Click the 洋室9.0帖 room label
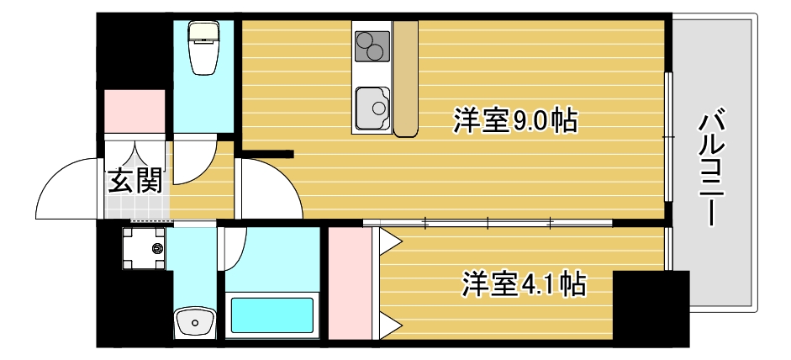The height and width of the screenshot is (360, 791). pyautogui.click(x=514, y=121)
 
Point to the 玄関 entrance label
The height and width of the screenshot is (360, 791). pyautogui.click(x=134, y=180)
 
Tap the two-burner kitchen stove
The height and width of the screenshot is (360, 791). pyautogui.click(x=372, y=47)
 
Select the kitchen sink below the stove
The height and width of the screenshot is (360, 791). pyautogui.click(x=372, y=108)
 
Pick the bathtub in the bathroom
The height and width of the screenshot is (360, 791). pyautogui.click(x=273, y=315)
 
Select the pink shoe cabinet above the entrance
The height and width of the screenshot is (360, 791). pyautogui.click(x=134, y=110)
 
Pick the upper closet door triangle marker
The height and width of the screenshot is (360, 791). pyautogui.click(x=389, y=241)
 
